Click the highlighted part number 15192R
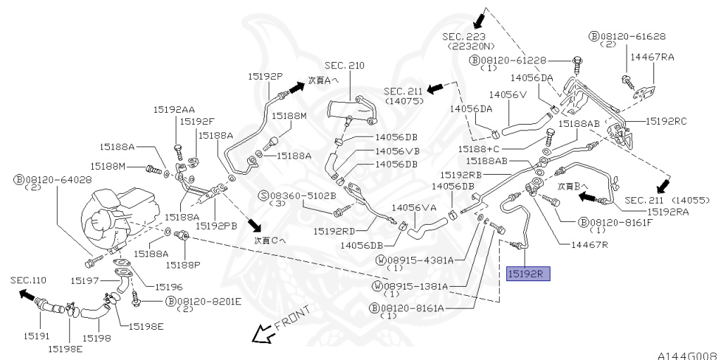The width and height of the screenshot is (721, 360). [x=528, y=274]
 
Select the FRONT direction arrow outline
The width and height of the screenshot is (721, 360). [x=262, y=333]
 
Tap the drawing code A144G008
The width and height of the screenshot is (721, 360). [x=689, y=355]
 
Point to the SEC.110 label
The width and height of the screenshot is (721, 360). [x=28, y=280]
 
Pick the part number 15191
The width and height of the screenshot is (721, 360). [x=37, y=336]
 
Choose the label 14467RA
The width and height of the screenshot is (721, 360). [x=652, y=56]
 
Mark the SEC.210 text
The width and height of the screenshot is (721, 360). [x=344, y=66]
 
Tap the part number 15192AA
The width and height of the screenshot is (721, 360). [x=175, y=110]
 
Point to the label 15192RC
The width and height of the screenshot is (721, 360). [x=666, y=121]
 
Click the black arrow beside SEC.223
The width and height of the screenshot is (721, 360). [x=479, y=20]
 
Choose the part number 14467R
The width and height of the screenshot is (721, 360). [x=589, y=245]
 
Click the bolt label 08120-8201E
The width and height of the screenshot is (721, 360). [x=204, y=302]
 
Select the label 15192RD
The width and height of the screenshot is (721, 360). [x=334, y=230]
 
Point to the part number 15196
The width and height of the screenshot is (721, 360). [x=169, y=287]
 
